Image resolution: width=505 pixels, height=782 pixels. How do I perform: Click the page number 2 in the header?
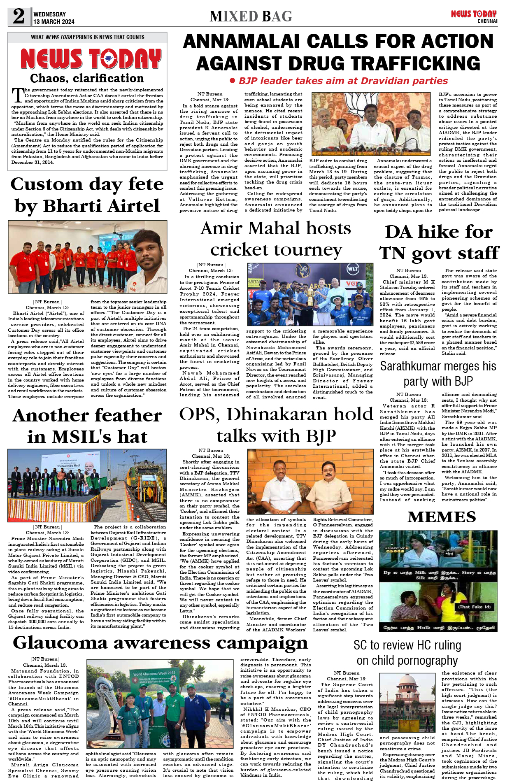[19, 16]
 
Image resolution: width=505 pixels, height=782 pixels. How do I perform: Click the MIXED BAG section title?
[251, 16]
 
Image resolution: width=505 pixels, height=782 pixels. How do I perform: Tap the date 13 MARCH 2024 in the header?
[54, 22]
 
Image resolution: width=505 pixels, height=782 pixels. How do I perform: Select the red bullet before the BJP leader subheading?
[232, 81]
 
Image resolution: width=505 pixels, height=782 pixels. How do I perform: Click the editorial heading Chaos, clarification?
[87, 78]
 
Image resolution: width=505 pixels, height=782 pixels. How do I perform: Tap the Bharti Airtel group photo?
[87, 257]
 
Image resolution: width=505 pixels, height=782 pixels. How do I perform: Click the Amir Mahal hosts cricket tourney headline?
[276, 239]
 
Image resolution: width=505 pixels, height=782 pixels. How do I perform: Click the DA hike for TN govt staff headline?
[439, 242]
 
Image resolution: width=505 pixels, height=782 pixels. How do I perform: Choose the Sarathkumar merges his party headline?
[438, 373]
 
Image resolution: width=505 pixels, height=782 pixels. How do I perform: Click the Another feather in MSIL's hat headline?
[87, 426]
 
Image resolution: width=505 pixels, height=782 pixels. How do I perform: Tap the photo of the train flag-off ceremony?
[87, 485]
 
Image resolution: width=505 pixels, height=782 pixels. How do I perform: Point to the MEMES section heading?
[442, 517]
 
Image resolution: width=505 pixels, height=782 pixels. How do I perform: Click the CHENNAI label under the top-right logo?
[487, 21]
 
